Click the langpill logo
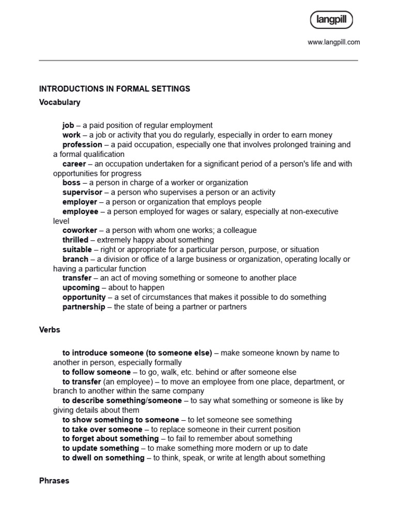pyautogui.click(x=331, y=21)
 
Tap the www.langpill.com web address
pyautogui.click(x=333, y=42)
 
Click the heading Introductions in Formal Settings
pyautogui.click(x=115, y=89)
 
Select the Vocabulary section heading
pyautogui.click(x=59, y=102)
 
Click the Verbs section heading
pyautogui.click(x=50, y=330)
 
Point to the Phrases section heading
pyautogui.click(x=54, y=481)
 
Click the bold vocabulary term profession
pyautogui.click(x=82, y=145)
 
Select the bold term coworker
pyautogui.click(x=80, y=230)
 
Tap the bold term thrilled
pyautogui.click(x=76, y=240)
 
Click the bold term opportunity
pyautogui.click(x=84, y=298)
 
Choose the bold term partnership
pyautogui.click(x=83, y=307)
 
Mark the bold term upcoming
pyautogui.click(x=81, y=288)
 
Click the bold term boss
pyautogui.click(x=71, y=183)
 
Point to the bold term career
pyautogui.click(x=74, y=164)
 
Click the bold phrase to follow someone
pyautogui.click(x=97, y=372)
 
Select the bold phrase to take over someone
pyautogui.click(x=102, y=430)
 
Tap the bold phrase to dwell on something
pyautogui.click(x=103, y=458)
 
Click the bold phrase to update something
pyautogui.click(x=101, y=448)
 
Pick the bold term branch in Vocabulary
pyautogui.click(x=75, y=259)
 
